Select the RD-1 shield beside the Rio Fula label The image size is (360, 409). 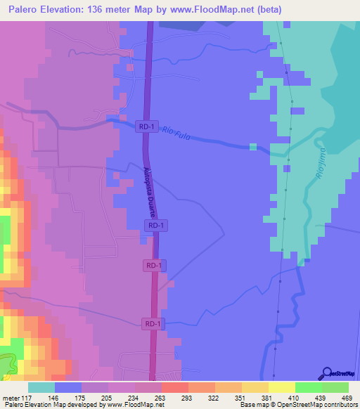pos(146,126)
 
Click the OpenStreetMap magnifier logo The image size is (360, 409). pos(327,372)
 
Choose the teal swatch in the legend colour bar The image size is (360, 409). pos(41,387)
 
